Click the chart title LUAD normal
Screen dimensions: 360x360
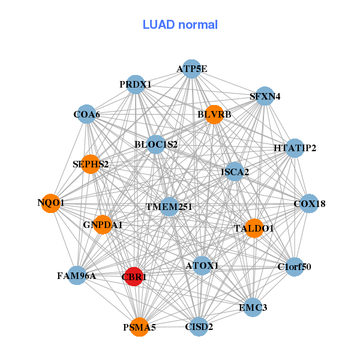[180, 25]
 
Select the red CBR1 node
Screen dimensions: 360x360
[134, 277]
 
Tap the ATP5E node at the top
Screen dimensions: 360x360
[191, 69]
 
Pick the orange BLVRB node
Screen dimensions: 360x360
[214, 114]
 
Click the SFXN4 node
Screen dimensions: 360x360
[265, 96]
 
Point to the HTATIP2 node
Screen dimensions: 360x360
[294, 148]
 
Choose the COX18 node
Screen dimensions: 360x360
[309, 204]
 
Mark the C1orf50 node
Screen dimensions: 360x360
[294, 266]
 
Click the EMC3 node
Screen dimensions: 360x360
[253, 307]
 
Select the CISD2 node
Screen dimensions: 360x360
[199, 327]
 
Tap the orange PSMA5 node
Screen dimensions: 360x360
[139, 327]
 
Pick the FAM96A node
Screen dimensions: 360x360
[77, 276]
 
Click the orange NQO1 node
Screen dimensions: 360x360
[51, 203]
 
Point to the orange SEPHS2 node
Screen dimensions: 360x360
[90, 164]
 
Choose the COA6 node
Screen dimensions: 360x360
[87, 115]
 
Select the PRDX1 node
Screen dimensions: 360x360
[135, 85]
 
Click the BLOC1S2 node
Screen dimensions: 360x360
[156, 144]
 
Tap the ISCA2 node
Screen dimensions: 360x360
[235, 172]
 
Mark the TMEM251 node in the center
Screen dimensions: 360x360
[169, 207]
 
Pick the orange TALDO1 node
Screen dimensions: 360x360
[254, 228]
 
